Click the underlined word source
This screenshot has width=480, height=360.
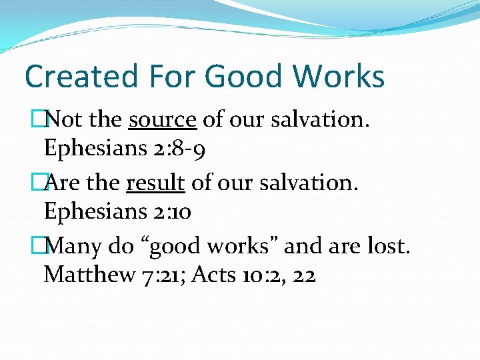click(x=162, y=120)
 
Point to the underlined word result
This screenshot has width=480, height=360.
click(x=155, y=183)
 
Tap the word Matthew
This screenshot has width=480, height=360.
click(x=87, y=274)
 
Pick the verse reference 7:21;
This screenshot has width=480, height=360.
click(x=162, y=274)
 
